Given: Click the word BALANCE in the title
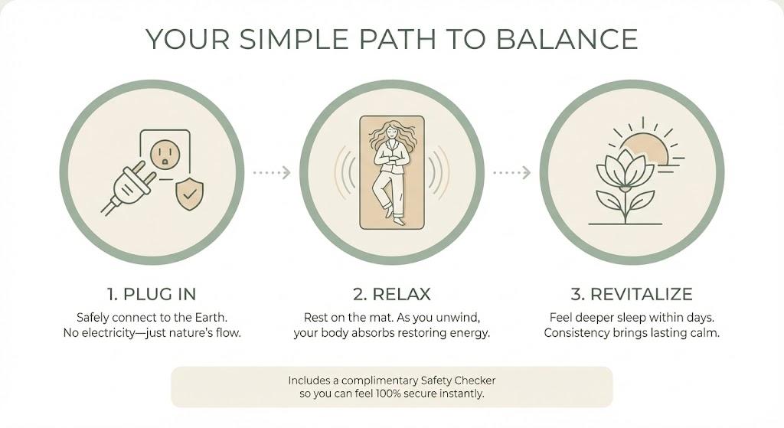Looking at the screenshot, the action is point(567,39).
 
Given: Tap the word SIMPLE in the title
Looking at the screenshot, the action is point(293,39).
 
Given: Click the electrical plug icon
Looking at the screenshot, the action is point(128,188).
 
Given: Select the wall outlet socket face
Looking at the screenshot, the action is point(165,154).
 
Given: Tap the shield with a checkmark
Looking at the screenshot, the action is point(190,194).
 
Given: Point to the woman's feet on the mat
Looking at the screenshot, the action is point(394,215).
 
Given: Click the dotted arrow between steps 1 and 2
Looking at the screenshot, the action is point(272,172).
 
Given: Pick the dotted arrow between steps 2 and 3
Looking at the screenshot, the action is point(511,172).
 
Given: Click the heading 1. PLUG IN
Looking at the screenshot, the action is point(152,294).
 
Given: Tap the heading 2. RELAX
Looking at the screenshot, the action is point(392,294).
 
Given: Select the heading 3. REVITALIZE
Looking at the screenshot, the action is point(632,294).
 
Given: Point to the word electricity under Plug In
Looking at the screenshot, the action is point(108,333).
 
